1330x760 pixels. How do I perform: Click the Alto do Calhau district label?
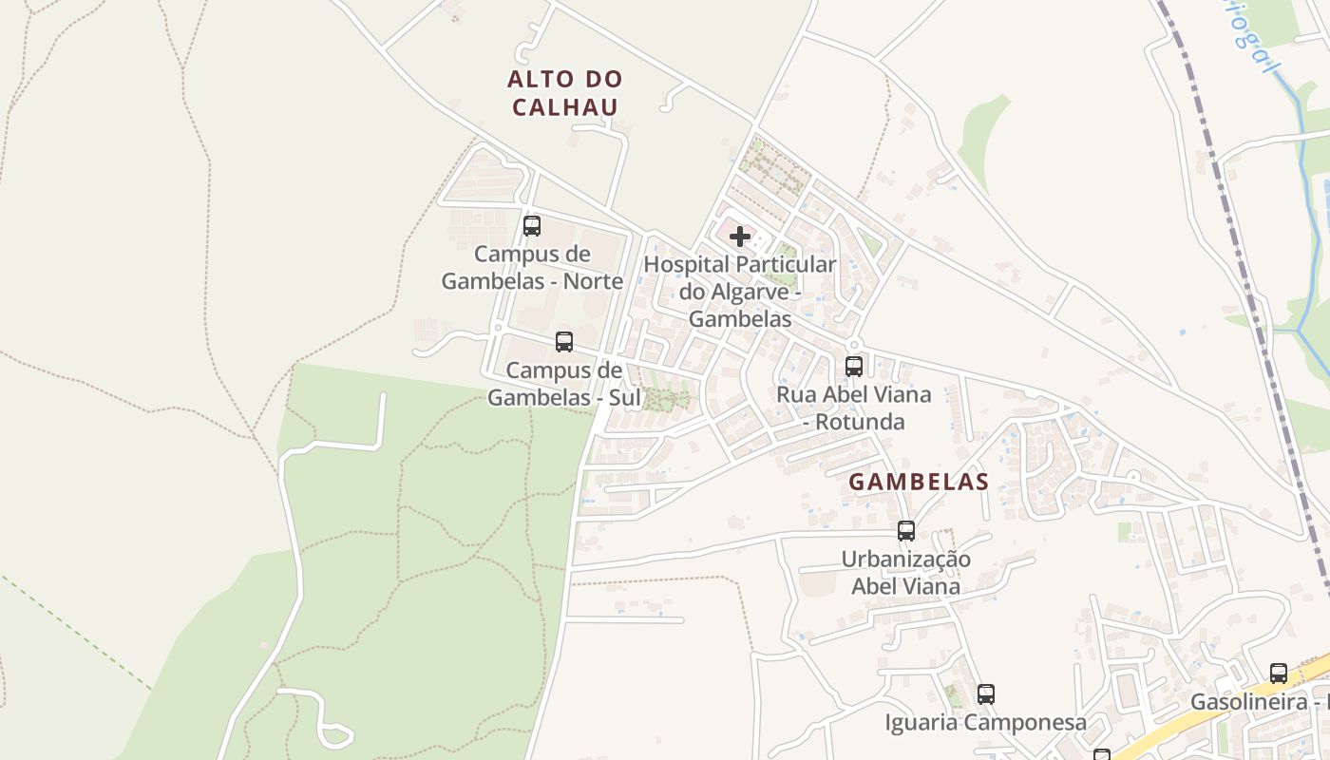pyautogui.click(x=565, y=92)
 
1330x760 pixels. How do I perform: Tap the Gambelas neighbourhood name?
pyautogui.click(x=919, y=482)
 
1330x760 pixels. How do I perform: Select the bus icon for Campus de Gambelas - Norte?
pyautogui.click(x=532, y=226)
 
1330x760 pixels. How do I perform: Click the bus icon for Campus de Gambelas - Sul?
pyautogui.click(x=564, y=342)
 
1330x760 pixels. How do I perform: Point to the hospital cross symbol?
pyautogui.click(x=740, y=237)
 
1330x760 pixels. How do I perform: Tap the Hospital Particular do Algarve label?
pyautogui.click(x=740, y=291)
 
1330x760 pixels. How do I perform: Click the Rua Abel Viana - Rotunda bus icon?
pyautogui.click(x=854, y=366)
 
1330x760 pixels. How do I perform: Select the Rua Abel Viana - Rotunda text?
pyautogui.click(x=854, y=407)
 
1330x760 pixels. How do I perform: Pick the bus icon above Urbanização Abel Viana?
pyautogui.click(x=906, y=531)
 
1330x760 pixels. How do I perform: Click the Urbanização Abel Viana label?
pyautogui.click(x=906, y=573)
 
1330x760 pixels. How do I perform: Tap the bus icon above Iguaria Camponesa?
pyautogui.click(x=986, y=694)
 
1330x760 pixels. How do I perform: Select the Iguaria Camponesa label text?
pyautogui.click(x=985, y=723)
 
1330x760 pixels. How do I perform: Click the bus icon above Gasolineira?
pyautogui.click(x=1279, y=674)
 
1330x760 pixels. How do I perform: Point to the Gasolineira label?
pyautogui.click(x=1259, y=702)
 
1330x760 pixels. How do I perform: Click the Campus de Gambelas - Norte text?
pyautogui.click(x=532, y=267)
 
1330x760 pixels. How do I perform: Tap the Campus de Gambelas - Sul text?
pyautogui.click(x=564, y=384)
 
